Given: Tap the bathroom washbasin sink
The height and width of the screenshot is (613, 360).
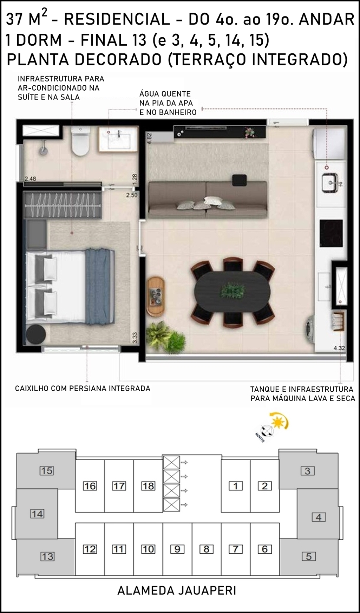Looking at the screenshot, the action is pyautogui.click(x=118, y=139).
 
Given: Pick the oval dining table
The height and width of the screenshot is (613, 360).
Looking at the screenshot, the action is pyautogui.click(x=233, y=292).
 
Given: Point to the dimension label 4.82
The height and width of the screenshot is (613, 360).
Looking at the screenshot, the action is pyautogui.click(x=149, y=138).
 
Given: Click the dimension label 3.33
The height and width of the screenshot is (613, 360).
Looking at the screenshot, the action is pyautogui.click(x=135, y=338).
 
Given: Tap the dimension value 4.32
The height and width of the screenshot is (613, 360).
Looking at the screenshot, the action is pyautogui.click(x=339, y=348).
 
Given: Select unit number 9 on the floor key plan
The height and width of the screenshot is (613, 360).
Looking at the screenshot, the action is pyautogui.click(x=177, y=549).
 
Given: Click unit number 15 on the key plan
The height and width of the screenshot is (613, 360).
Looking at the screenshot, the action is pyautogui.click(x=46, y=470).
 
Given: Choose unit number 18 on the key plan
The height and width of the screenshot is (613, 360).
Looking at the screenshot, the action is pyautogui.click(x=148, y=486).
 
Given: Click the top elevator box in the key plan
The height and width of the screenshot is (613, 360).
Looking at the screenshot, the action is pyautogui.click(x=171, y=463).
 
